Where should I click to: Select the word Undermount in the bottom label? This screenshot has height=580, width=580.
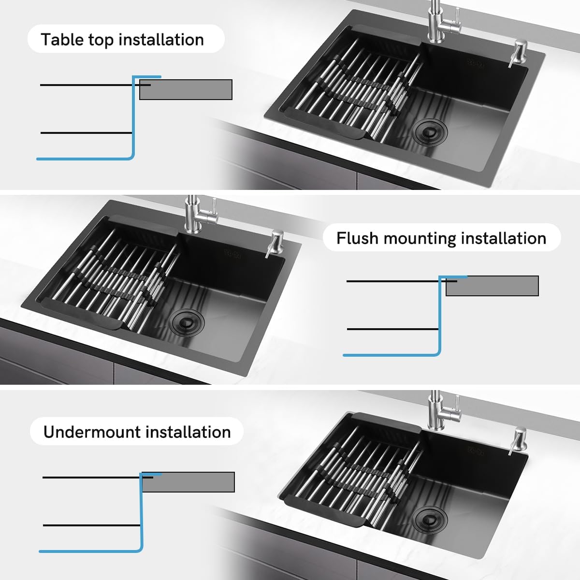(x=92, y=432)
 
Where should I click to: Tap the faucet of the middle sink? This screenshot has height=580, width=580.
(x=198, y=214)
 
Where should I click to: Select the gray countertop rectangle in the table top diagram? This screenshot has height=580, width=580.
(x=186, y=89)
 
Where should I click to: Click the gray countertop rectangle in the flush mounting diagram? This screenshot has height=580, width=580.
(x=492, y=286)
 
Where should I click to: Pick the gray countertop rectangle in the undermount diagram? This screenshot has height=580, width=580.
(x=188, y=482)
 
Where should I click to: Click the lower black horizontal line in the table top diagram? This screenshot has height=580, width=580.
(x=87, y=133)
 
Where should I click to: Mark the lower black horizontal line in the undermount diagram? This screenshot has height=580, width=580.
(x=91, y=525)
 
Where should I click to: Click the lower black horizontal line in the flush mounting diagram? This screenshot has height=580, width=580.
(x=393, y=329)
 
